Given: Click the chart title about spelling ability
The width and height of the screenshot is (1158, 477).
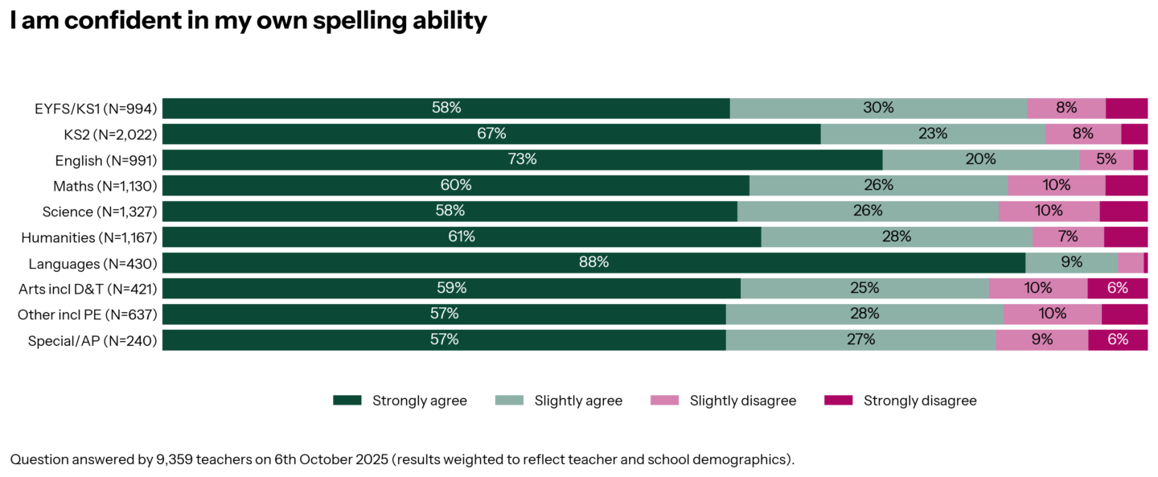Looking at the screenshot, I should [x=248, y=21].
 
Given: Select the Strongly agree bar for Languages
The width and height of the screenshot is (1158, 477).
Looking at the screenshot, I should [x=593, y=263].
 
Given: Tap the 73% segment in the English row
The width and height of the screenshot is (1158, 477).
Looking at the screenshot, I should [x=522, y=159].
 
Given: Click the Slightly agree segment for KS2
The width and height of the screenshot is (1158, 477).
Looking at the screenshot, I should [x=933, y=134].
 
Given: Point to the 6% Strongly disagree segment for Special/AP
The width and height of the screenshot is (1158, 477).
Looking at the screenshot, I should [x=1118, y=339].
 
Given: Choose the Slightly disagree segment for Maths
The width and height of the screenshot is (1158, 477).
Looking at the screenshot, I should [x=1056, y=185].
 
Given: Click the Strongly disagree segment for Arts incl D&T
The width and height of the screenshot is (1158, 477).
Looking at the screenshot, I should [x=1118, y=288].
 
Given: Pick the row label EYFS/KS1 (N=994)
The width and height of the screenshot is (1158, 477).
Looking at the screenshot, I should [x=96, y=109].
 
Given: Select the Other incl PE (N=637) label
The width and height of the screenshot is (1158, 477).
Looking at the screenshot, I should [x=87, y=315].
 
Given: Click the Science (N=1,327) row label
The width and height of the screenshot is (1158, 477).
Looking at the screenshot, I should [x=99, y=212].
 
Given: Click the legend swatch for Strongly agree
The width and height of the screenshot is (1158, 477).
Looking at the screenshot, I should [x=347, y=401].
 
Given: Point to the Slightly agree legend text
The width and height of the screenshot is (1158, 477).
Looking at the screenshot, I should [x=578, y=401].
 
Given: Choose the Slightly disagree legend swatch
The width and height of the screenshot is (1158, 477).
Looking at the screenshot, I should [x=663, y=401].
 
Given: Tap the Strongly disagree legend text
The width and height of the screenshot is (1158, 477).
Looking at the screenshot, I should [x=920, y=401].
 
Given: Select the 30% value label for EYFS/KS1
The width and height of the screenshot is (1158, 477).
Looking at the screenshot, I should [x=878, y=108].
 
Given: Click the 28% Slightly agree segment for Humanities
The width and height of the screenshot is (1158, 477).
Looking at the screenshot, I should [x=896, y=236].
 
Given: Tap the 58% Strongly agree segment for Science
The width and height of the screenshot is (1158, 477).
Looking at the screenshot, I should [x=450, y=211].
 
